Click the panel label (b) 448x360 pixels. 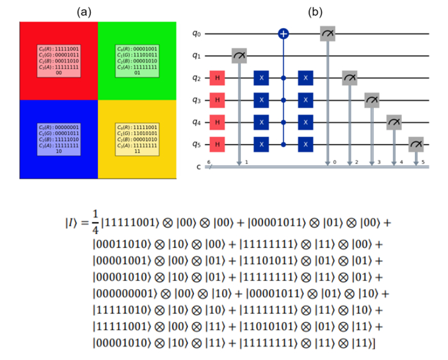point(316,12)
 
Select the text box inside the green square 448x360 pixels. point(136,61)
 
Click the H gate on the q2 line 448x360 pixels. point(218,78)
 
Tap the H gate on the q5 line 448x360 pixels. point(218,145)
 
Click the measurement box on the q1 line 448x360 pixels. point(240,56)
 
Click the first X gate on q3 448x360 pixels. point(260,100)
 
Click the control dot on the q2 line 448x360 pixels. point(283,78)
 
